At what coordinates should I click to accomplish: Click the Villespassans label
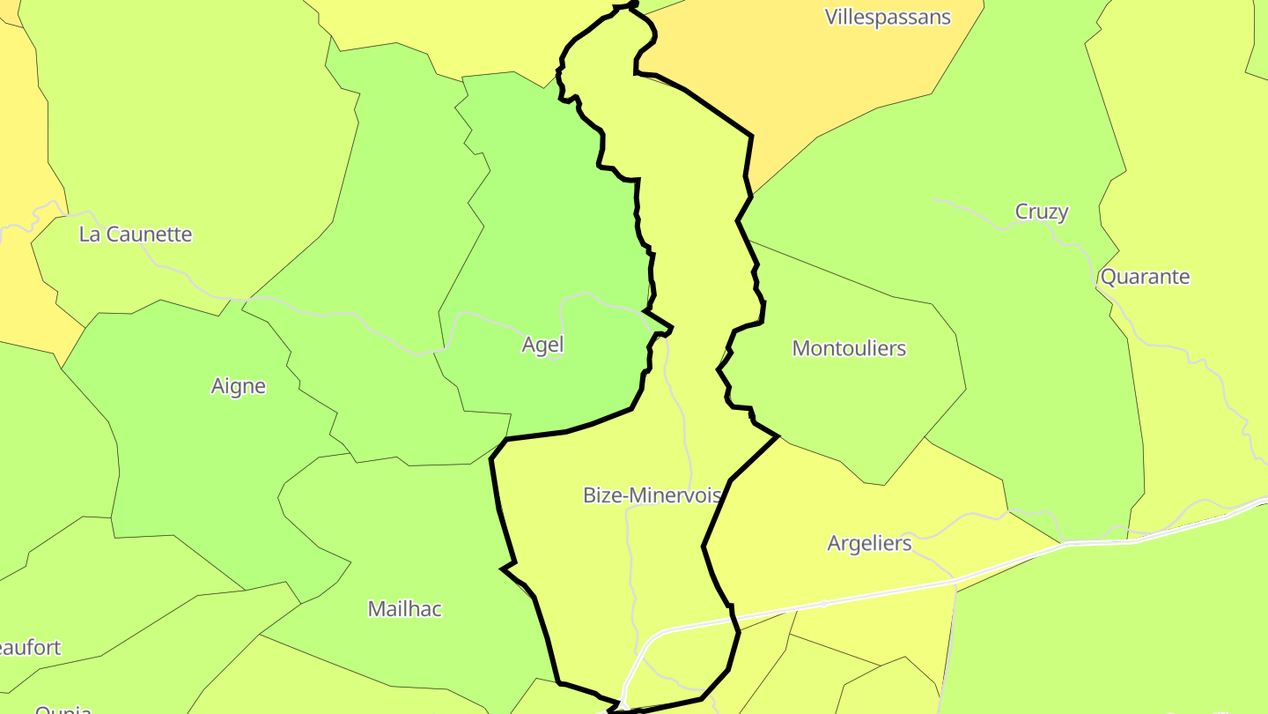[x=888, y=17]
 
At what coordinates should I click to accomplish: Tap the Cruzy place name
[x=1042, y=212]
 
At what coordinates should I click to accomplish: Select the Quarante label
[x=1145, y=277]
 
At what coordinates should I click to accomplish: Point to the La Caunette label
[x=136, y=234]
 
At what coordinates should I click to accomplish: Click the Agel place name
[x=542, y=345]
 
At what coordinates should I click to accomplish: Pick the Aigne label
[x=238, y=386]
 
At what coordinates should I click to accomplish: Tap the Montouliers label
[x=849, y=348]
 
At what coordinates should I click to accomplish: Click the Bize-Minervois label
[x=652, y=495]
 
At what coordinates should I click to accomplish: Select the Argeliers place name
[x=869, y=543]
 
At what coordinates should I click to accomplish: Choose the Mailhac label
[x=404, y=609]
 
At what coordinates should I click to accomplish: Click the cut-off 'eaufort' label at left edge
[x=31, y=648]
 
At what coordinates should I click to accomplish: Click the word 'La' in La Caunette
[x=90, y=234]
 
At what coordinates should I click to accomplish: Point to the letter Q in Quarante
[x=1109, y=277]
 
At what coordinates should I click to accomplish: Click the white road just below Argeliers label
[x=881, y=593]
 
